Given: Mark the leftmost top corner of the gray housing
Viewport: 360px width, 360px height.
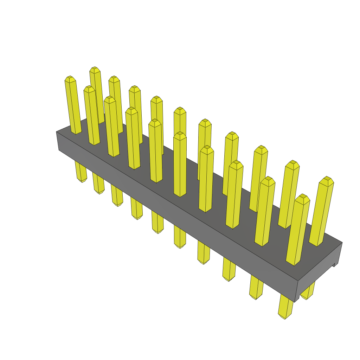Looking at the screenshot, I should (x=57, y=132).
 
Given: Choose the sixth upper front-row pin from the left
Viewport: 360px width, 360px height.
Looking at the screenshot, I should (x=180, y=165).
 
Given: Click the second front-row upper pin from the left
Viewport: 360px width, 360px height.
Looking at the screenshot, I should (x=92, y=116).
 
